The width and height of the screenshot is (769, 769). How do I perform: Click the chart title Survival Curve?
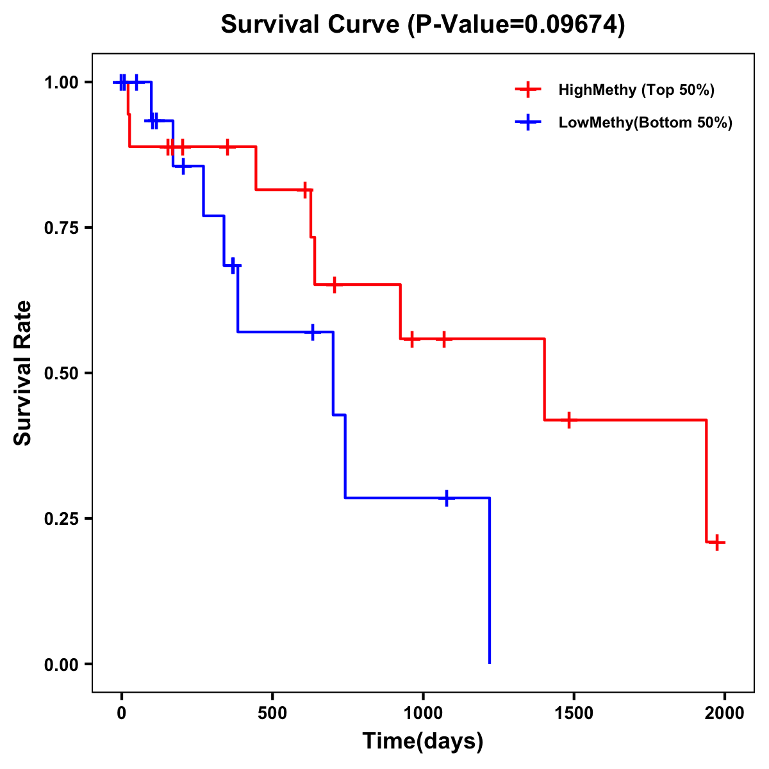click(x=423, y=24)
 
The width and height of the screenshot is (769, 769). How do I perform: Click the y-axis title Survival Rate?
click(x=23, y=373)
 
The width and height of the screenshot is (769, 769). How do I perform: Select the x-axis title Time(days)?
click(x=423, y=741)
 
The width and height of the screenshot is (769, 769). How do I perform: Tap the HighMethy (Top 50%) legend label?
click(x=636, y=90)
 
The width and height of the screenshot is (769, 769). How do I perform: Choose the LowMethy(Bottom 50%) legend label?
click(x=645, y=122)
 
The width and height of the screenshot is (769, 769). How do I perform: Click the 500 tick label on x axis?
click(x=272, y=713)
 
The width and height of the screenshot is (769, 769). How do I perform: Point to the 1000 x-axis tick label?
click(x=423, y=713)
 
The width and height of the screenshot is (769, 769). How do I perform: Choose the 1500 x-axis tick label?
click(x=574, y=713)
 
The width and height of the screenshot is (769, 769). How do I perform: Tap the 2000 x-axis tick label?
click(x=725, y=713)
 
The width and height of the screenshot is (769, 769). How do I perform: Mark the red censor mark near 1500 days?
click(x=568, y=420)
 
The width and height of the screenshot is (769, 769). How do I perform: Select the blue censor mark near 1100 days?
click(x=447, y=498)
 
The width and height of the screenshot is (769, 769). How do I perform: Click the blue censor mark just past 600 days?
click(x=312, y=332)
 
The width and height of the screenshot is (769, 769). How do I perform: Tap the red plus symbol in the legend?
click(x=528, y=90)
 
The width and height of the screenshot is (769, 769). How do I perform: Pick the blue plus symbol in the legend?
click(x=528, y=122)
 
